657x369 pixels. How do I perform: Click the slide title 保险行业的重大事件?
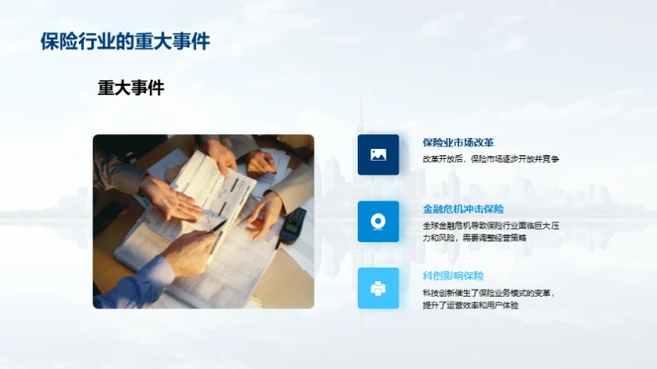point(125,42)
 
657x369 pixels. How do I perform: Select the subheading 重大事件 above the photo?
point(130,88)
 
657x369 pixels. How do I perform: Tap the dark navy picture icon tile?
point(378,154)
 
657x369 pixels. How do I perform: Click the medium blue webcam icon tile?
point(378,221)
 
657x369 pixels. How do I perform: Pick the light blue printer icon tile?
point(378,288)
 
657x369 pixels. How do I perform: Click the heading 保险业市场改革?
point(458,142)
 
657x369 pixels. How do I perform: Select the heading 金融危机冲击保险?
point(464,209)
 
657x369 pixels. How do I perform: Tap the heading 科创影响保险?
point(453,276)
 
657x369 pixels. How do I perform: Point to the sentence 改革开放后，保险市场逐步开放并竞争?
point(490,159)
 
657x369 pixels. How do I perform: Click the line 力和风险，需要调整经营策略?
point(474,237)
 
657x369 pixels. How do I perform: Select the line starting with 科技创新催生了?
point(488,293)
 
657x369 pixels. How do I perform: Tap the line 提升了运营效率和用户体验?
point(470,305)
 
